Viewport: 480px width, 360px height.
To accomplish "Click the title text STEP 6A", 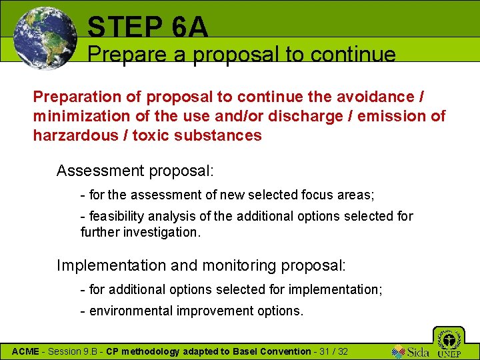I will (147, 27).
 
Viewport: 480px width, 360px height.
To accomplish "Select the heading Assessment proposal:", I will (135, 171).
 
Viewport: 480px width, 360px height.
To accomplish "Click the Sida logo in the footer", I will (411, 351).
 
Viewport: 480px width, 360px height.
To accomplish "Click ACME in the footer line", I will (26, 351).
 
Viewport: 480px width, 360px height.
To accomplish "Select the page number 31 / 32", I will (333, 351).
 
